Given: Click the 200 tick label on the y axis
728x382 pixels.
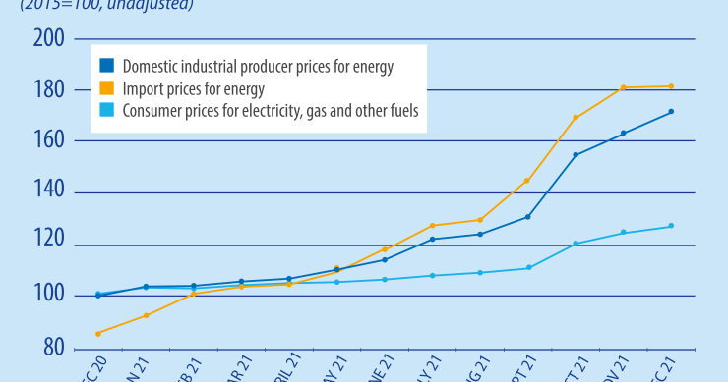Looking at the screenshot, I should point(48,39).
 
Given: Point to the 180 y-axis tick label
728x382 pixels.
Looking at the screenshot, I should point(48,90).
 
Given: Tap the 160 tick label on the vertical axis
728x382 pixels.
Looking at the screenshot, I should point(48,141).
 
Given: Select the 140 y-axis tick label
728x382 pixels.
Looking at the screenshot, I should point(48,192).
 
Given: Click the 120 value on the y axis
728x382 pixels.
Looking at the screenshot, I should point(48,245).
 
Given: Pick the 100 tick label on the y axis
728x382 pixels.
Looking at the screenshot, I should point(48,296).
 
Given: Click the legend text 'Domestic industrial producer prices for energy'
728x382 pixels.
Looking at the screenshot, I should point(258,67).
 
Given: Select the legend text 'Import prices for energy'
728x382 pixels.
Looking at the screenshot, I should point(195,89).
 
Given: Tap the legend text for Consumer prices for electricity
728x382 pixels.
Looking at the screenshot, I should point(271,111).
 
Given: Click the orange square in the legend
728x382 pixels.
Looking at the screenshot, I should point(106,89).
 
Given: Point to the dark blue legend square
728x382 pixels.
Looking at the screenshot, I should point(106,67).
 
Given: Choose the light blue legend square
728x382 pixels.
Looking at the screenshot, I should point(106,111).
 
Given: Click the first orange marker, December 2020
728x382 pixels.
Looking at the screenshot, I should point(98,334).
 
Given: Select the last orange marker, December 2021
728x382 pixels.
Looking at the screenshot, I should point(671,86).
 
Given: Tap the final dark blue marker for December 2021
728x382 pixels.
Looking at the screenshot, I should point(671,112).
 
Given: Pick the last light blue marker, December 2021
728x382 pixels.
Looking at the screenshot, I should point(671,226).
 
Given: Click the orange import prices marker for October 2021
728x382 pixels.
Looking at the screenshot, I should point(576,118).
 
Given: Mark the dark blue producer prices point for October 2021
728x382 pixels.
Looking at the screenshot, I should point(576,155).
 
